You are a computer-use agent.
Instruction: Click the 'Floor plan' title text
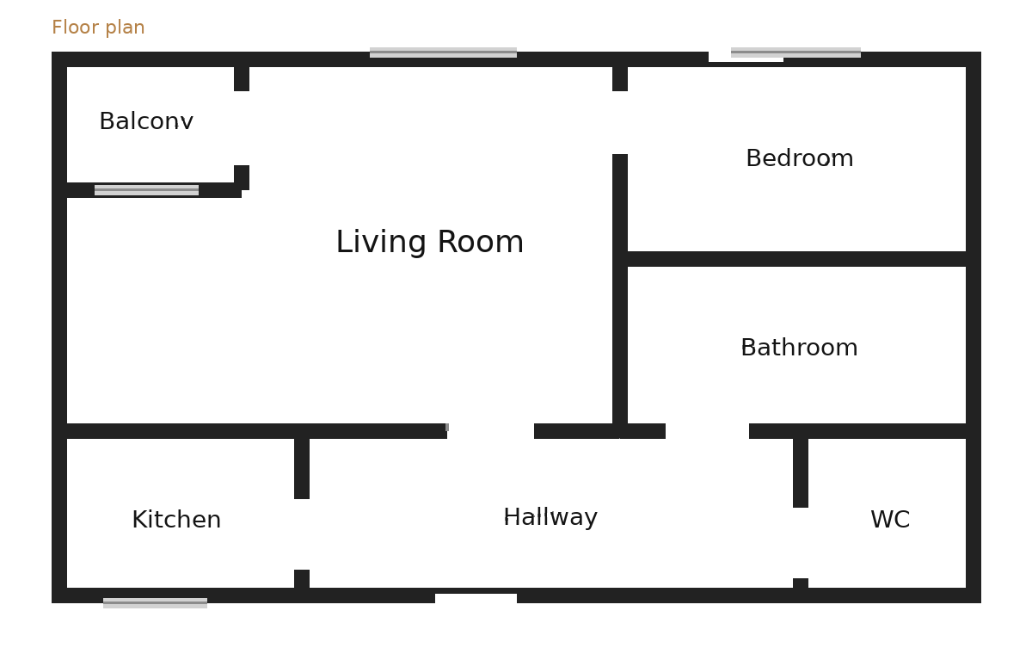(98, 28)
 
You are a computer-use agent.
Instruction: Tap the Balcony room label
(146, 122)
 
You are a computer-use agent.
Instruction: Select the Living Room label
(429, 243)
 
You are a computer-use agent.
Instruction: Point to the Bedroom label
(799, 159)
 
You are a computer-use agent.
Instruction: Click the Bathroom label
(799, 349)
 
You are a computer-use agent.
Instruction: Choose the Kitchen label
(176, 521)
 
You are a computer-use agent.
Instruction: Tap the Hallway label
(550, 518)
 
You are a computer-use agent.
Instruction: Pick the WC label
(890, 521)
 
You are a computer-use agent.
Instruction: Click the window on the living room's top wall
(443, 53)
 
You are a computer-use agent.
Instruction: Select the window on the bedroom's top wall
(795, 53)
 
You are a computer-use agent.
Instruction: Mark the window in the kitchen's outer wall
(155, 602)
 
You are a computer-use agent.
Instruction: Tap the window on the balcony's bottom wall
(146, 190)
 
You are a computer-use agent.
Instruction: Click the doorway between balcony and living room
(242, 128)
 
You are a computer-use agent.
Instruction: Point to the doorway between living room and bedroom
(620, 122)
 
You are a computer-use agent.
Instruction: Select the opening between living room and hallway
(490, 431)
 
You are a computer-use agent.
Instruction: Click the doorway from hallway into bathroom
(707, 431)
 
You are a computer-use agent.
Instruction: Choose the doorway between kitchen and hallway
(302, 534)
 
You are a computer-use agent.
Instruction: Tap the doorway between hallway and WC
(801, 543)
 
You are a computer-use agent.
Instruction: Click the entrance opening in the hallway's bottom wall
(476, 596)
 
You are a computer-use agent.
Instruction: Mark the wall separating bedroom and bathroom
(796, 259)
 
